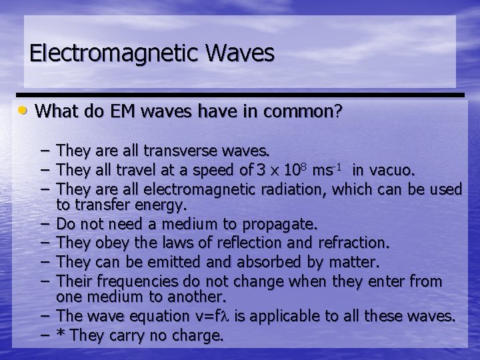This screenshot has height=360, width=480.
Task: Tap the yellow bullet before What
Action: click(x=24, y=109)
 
